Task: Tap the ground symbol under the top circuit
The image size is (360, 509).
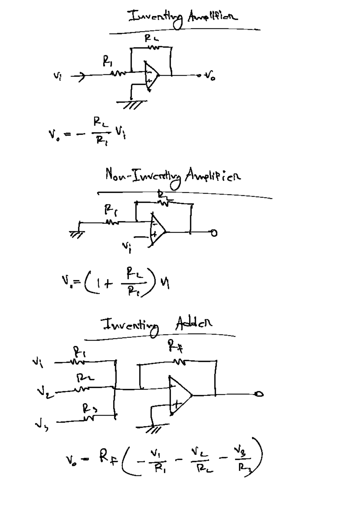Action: click(132, 103)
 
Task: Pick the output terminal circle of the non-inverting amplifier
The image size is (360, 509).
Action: click(214, 233)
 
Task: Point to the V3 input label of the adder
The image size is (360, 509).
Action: click(40, 425)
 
